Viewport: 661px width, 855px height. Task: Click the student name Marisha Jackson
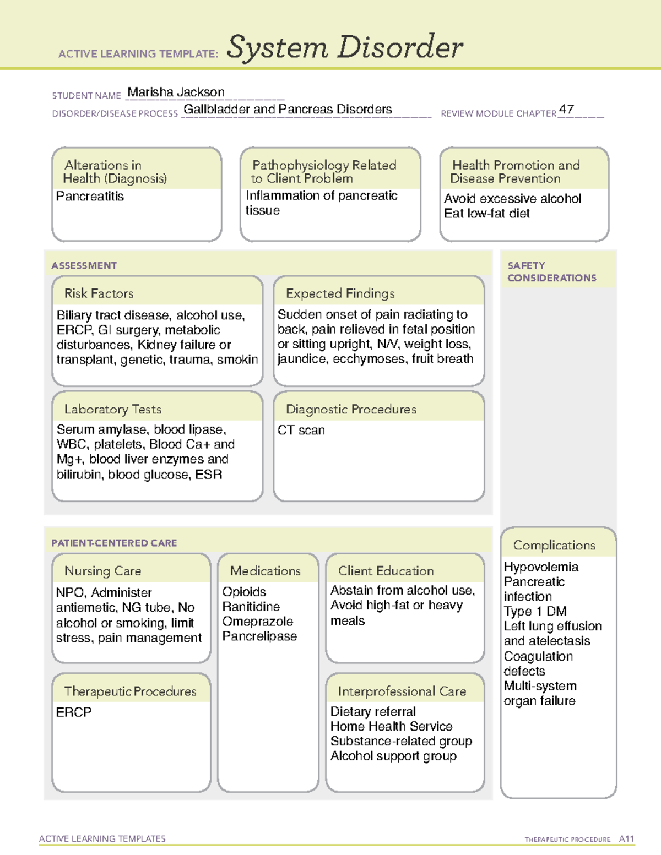176,92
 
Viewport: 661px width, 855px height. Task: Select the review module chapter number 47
566,110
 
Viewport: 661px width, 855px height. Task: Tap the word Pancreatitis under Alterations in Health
90,197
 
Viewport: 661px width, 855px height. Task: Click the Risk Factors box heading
99,293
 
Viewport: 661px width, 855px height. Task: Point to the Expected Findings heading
340,293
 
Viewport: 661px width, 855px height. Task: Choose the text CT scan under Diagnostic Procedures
301,431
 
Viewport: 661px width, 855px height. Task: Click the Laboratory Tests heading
113,410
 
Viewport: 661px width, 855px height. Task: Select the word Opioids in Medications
244,592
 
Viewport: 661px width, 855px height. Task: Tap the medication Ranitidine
251,607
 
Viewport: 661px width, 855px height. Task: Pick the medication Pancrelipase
259,636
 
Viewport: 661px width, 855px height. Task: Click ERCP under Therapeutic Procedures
74,712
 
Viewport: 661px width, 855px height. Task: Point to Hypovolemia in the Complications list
541,567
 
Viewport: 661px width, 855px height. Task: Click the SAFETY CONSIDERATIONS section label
551,272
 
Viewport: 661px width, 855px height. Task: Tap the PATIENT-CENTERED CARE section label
114,543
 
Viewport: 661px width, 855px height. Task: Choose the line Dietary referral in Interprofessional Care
373,712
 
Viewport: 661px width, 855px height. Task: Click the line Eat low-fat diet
487,214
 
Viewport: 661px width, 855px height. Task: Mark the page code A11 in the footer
626,839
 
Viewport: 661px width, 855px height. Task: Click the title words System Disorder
345,47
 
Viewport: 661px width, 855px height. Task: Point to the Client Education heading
386,571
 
